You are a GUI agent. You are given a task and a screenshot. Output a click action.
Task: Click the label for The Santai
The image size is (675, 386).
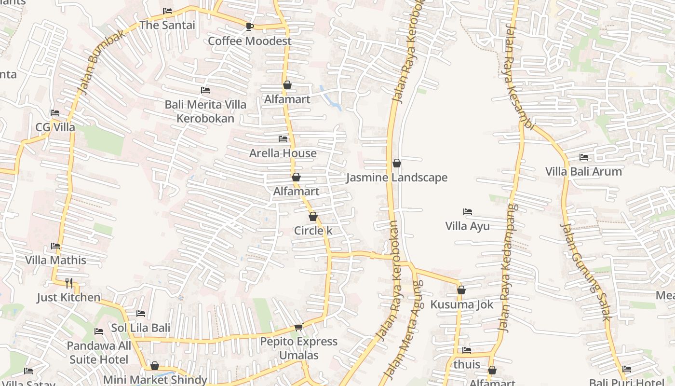167,25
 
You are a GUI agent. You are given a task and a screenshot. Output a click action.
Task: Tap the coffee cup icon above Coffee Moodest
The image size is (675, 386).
249,27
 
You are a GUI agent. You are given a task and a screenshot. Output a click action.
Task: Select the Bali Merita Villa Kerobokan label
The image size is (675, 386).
205,111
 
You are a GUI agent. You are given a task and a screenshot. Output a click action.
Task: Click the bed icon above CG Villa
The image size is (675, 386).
55,113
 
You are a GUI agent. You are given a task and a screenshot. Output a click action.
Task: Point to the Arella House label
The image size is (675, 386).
283,153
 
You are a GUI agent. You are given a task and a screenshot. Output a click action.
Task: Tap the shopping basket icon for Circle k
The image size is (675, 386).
313,217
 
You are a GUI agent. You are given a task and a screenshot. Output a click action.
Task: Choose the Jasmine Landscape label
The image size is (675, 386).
397,178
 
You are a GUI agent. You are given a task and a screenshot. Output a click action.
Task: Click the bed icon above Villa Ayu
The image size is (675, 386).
467,212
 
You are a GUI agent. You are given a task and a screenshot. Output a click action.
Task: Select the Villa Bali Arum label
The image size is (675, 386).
583,171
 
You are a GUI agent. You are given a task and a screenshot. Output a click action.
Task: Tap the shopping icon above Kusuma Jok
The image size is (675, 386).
461,290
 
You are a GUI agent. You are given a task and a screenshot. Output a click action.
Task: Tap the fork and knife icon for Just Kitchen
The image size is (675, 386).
69,283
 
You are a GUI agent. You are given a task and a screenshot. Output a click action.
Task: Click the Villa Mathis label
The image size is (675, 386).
55,260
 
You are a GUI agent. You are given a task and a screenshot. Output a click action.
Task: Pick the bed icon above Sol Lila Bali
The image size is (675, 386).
141,314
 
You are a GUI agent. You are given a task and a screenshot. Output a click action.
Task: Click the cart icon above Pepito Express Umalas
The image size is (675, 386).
298,328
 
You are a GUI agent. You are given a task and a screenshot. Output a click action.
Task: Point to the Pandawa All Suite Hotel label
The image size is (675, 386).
99,353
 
